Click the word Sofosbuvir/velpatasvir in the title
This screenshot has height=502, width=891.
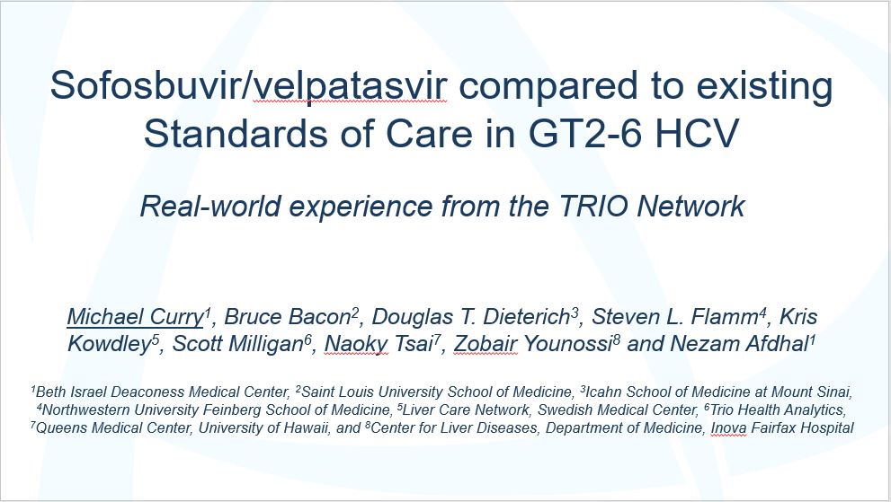[x=248, y=85]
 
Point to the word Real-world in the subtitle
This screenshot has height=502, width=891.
[x=210, y=207]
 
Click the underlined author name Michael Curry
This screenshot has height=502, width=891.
[x=135, y=317]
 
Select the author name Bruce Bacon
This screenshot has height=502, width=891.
[x=287, y=317]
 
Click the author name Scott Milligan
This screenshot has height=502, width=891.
[x=238, y=344]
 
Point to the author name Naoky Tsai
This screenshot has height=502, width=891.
[x=379, y=344]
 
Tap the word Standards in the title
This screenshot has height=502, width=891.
[x=236, y=134]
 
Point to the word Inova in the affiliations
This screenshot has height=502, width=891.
[x=728, y=427]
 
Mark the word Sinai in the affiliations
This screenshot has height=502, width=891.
[x=834, y=392]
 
